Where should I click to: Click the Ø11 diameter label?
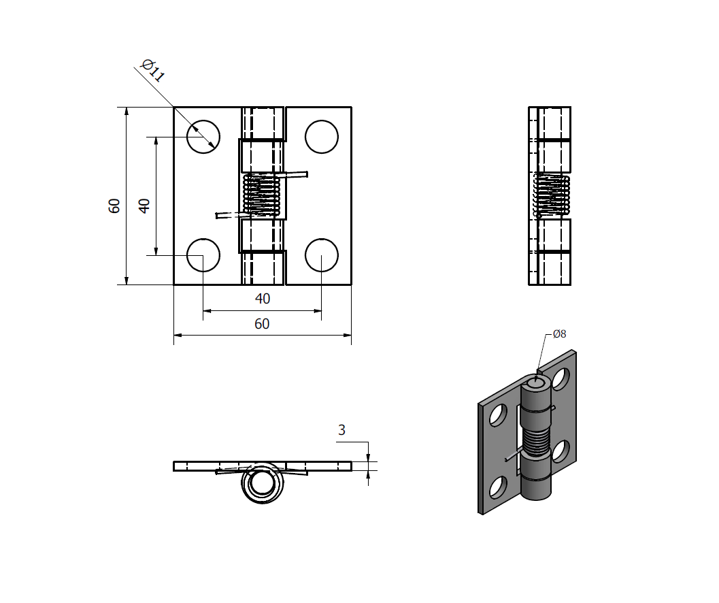click(152, 71)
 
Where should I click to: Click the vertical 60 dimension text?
click(115, 206)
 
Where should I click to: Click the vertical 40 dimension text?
click(144, 206)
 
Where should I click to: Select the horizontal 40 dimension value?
click(262, 299)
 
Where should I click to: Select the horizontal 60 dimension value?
click(262, 324)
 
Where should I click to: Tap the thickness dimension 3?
click(341, 430)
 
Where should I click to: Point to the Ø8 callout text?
click(559, 333)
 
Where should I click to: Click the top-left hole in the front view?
click(203, 137)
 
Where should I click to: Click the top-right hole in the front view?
click(322, 137)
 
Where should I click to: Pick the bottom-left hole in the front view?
click(203, 255)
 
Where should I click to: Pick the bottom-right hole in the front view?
click(322, 255)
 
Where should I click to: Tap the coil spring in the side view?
click(551, 195)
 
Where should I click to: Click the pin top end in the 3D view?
click(536, 384)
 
